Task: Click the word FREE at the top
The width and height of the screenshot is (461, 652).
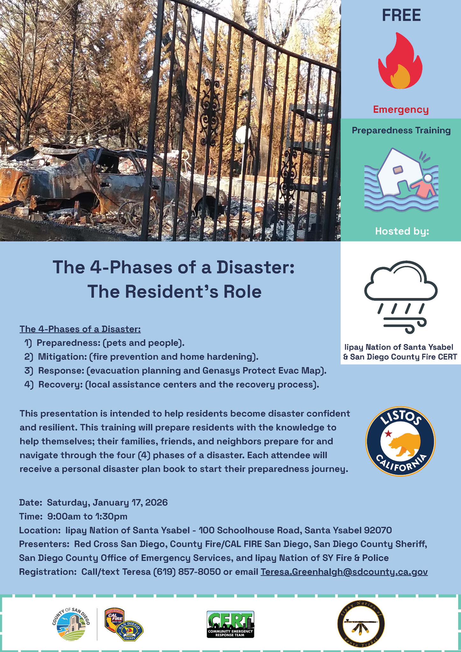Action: [x=401, y=15]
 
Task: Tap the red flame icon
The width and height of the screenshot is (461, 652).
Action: [x=400, y=61]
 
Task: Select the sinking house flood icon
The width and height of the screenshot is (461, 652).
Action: [x=401, y=180]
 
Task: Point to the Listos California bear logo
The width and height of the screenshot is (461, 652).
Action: [x=401, y=441]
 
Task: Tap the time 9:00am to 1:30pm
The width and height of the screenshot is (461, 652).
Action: [x=87, y=516]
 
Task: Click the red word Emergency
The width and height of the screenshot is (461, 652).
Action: [x=401, y=110]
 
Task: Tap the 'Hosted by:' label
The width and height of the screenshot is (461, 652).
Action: [x=402, y=231]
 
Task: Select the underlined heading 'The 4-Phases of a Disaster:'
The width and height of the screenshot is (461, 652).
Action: [x=80, y=329]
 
